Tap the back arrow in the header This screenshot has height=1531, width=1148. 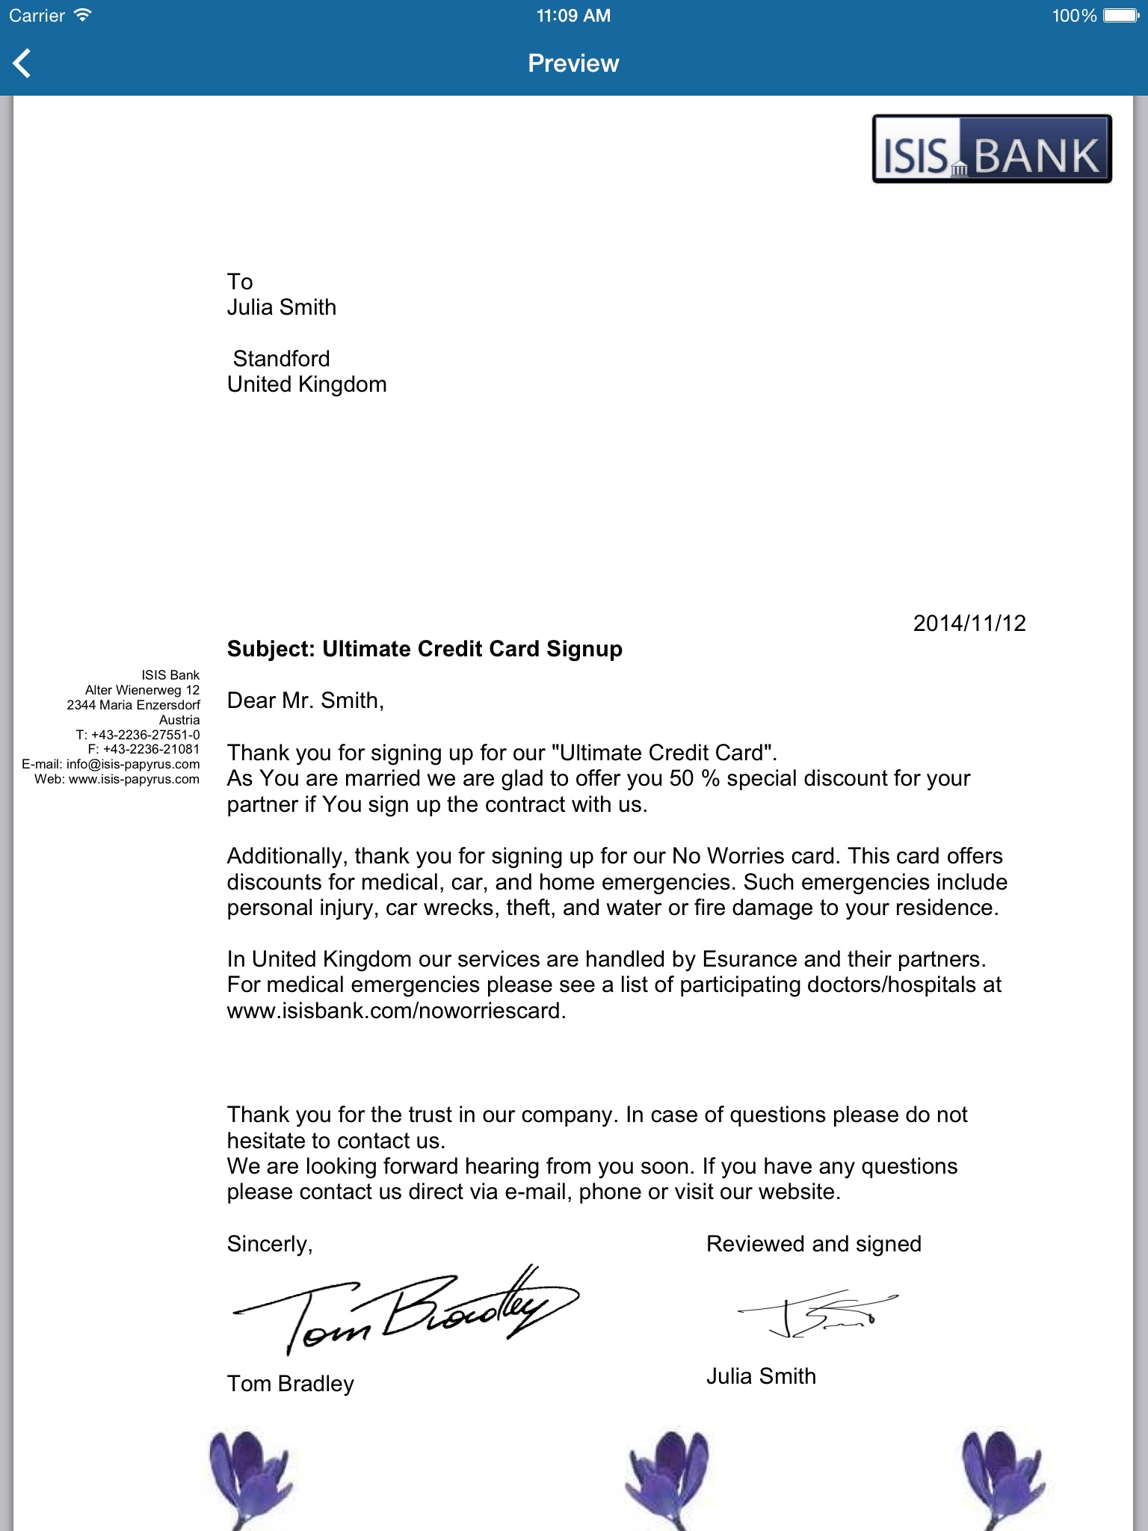[22, 64]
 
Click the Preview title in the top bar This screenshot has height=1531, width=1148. [573, 64]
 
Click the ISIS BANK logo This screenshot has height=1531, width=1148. [992, 150]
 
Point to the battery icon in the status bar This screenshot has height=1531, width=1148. [1121, 16]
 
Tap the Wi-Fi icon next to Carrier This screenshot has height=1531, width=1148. [82, 15]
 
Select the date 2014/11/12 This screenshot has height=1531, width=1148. [969, 623]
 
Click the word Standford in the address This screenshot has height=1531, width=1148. [281, 359]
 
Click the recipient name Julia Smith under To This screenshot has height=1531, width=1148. [282, 307]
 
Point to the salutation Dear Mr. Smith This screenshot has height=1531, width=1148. [305, 700]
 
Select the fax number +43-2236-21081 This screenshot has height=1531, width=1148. [151, 749]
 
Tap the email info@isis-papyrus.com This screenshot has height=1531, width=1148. [133, 764]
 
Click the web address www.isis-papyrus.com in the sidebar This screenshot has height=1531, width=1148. [134, 779]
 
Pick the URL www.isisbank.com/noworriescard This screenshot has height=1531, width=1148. [395, 1011]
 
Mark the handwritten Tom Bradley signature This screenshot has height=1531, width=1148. [404, 1310]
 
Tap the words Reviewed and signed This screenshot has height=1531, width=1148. [814, 1244]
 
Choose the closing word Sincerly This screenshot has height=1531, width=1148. [269, 1244]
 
